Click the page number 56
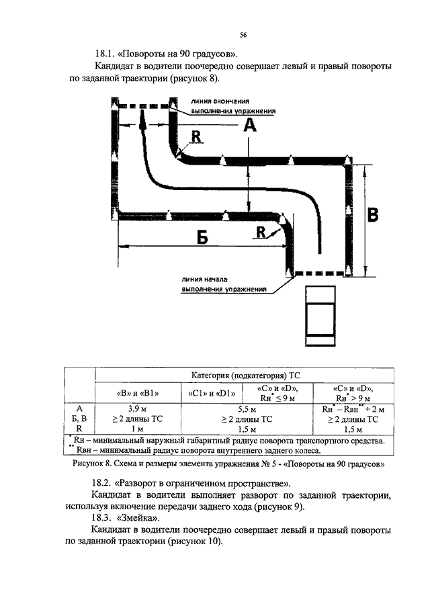point(243,35)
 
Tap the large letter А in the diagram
point(250,125)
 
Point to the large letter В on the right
point(372,214)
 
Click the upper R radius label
point(196,136)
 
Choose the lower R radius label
point(261,232)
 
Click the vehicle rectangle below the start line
point(320,316)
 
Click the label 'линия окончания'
point(220,101)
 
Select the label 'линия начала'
point(205,279)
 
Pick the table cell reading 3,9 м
point(138,408)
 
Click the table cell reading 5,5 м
point(247,409)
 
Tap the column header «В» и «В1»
point(138,393)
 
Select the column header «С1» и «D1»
point(212,394)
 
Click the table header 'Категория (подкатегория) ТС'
point(245,376)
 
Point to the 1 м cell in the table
point(137,429)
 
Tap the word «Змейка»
point(138,518)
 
